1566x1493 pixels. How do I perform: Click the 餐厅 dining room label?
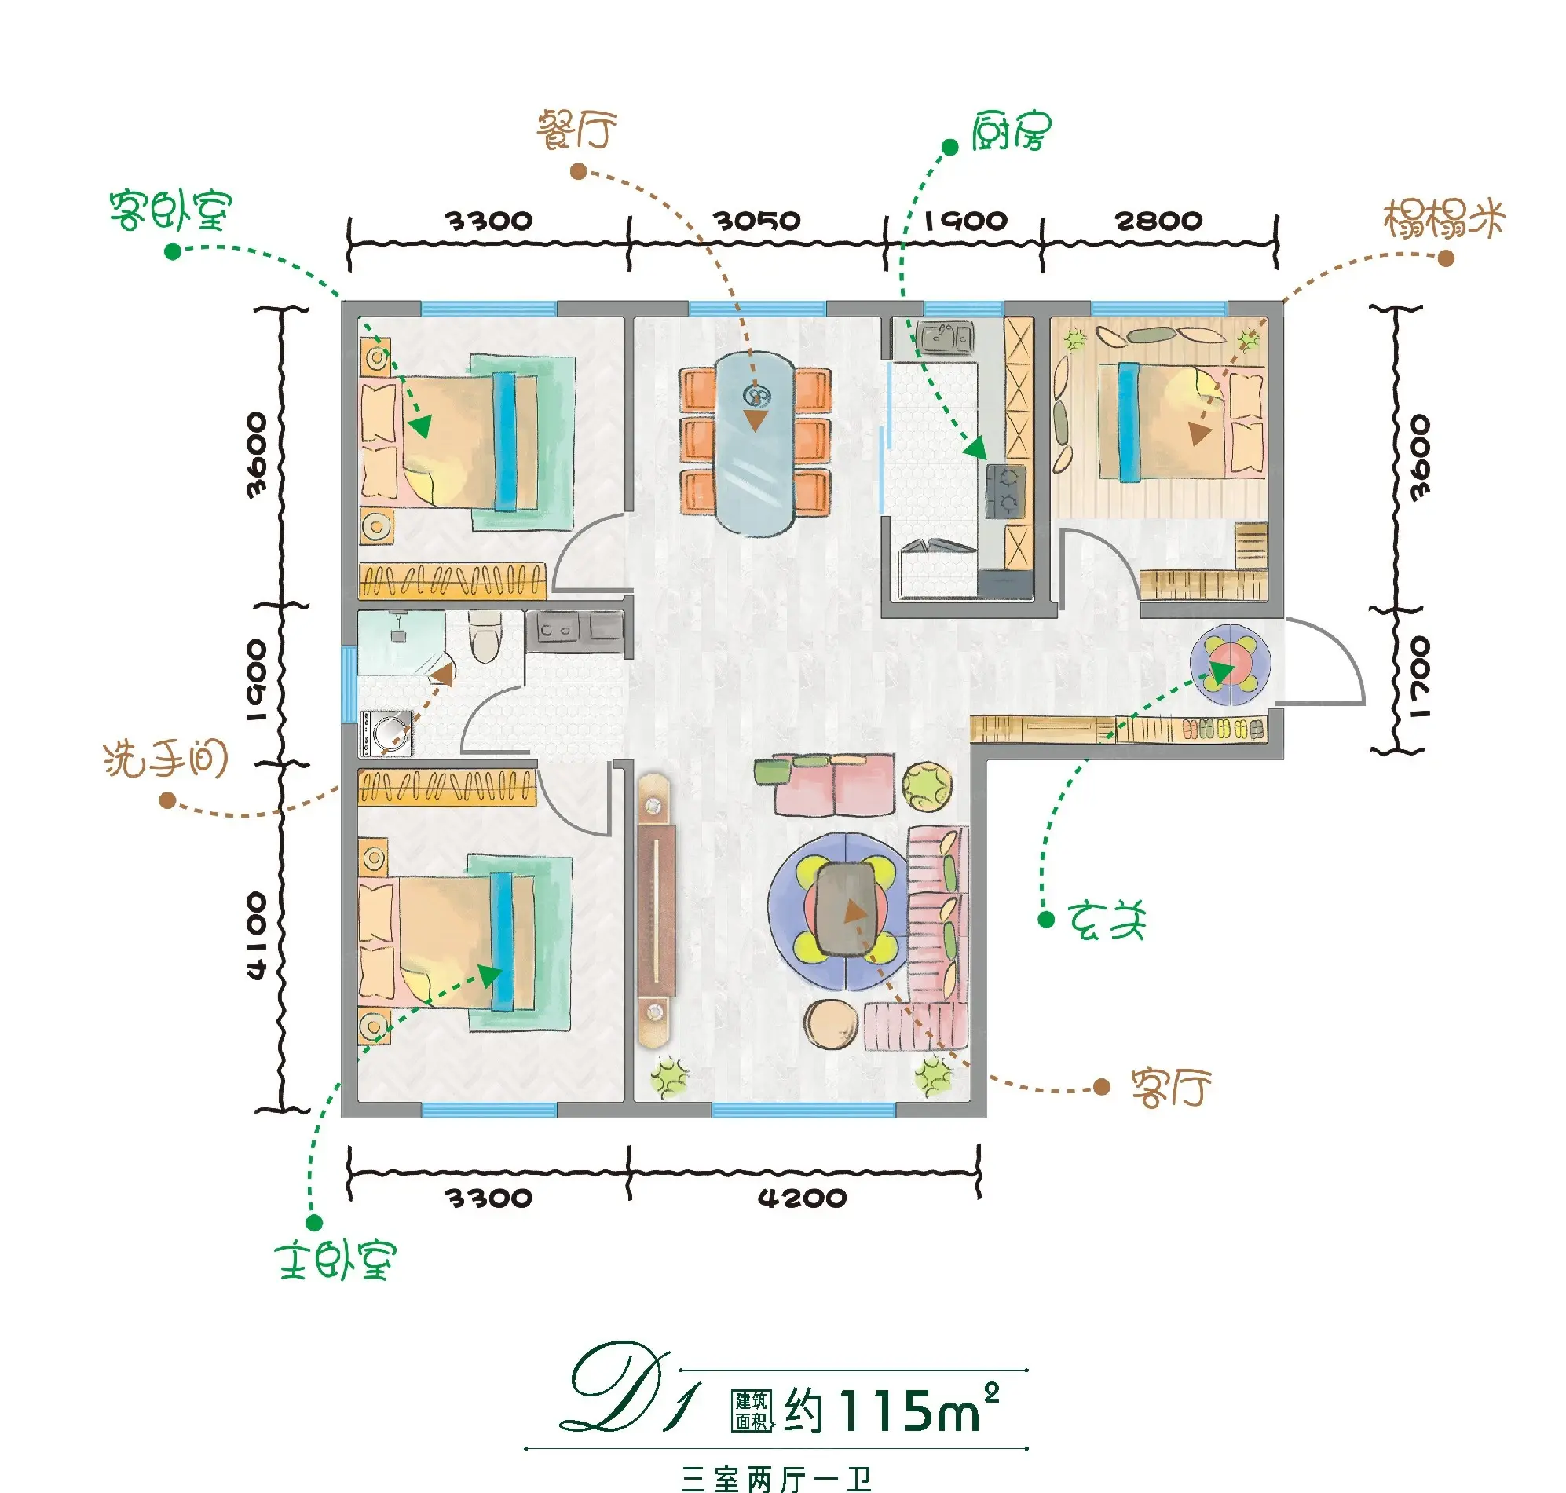(x=577, y=130)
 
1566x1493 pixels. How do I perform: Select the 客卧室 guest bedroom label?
(x=170, y=211)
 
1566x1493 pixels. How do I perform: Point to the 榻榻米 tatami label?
(x=1444, y=219)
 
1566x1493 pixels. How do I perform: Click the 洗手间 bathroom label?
(x=166, y=759)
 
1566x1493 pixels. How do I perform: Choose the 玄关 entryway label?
(x=1107, y=920)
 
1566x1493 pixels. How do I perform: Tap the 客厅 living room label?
(x=1171, y=1088)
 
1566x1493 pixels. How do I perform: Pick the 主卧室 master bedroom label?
(x=335, y=1260)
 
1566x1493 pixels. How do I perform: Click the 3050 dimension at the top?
(x=757, y=221)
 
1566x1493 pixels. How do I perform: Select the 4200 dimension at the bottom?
(x=802, y=1198)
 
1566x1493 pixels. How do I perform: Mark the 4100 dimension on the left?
(x=256, y=936)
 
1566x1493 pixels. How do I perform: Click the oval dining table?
(x=755, y=443)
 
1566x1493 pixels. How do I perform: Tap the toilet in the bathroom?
(x=485, y=636)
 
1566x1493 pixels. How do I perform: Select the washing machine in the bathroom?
(x=386, y=733)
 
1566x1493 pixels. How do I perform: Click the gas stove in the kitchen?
(x=1006, y=491)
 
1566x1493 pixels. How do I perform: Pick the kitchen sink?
(x=945, y=338)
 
